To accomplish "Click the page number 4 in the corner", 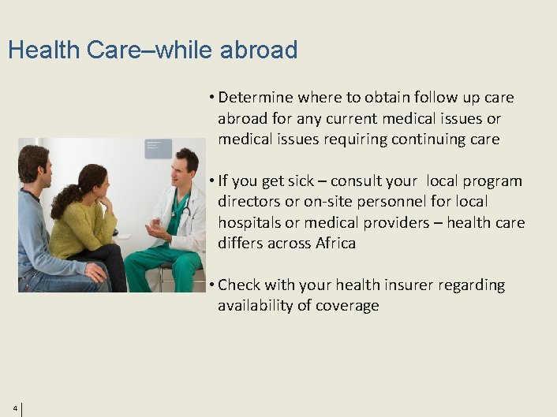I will pyautogui.click(x=15, y=408).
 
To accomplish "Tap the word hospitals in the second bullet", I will pyautogui.click(x=252, y=223).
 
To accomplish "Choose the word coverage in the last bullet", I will pyautogui.click(x=346, y=306).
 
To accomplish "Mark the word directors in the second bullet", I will pyautogui.click(x=250, y=202).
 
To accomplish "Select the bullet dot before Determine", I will pyautogui.click(x=212, y=98).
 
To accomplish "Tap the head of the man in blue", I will pyautogui.click(x=33, y=163).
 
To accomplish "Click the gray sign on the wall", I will pyautogui.click(x=157, y=148).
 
